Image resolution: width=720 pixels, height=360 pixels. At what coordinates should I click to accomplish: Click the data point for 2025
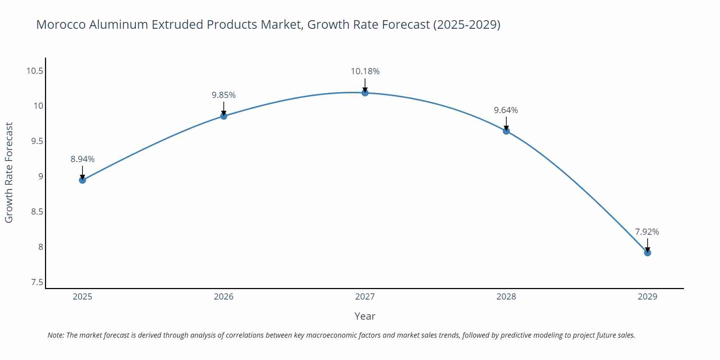[x=82, y=180]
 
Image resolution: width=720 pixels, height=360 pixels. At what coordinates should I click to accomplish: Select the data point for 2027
[x=365, y=93]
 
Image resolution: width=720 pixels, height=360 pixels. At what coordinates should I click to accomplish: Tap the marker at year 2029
[x=647, y=253]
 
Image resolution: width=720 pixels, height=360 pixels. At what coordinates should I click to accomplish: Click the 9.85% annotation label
[x=224, y=95]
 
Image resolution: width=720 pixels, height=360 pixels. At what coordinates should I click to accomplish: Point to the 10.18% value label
[x=365, y=71]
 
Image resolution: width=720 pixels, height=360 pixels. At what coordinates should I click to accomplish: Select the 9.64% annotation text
[x=506, y=110]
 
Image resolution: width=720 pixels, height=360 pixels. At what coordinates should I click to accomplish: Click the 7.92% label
[x=647, y=232]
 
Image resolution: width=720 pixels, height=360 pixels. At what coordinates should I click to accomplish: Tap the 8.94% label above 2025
[x=82, y=159]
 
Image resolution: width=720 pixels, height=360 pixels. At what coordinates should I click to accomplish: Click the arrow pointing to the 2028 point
[x=506, y=123]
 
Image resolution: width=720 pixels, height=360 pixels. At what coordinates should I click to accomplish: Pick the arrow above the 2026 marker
[x=224, y=108]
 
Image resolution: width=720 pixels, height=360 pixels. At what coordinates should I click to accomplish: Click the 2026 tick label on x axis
[x=224, y=297]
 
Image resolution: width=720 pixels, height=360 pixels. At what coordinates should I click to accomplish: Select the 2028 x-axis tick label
[x=506, y=297]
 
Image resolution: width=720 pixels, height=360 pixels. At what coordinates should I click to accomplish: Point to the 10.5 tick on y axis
[x=35, y=71]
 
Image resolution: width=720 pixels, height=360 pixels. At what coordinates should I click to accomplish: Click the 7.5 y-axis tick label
[x=37, y=282]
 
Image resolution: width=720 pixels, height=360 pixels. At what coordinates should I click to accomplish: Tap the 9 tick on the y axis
[x=41, y=176]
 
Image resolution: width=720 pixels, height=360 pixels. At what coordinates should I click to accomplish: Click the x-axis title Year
[x=365, y=316]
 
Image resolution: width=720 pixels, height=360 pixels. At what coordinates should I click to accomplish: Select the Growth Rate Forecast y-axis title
[x=9, y=172]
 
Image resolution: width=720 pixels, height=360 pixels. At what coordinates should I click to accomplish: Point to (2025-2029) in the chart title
[x=467, y=24]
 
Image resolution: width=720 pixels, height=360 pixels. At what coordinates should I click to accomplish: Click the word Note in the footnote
[x=55, y=335]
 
